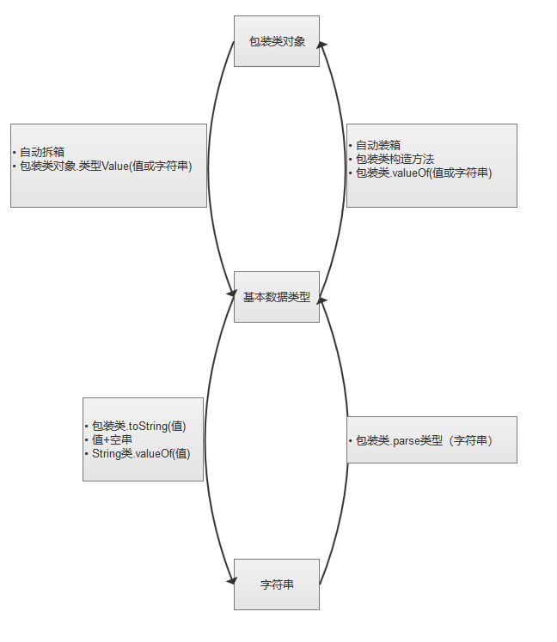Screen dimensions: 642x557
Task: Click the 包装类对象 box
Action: tap(276, 40)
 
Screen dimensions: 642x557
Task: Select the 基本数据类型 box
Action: tap(276, 297)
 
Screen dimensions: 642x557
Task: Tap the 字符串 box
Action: tap(276, 584)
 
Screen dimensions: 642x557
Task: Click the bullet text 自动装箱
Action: tap(378, 146)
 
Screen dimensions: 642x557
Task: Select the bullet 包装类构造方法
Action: tap(395, 159)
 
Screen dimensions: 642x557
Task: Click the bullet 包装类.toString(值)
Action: tap(138, 426)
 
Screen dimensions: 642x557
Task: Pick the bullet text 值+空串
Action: tap(112, 439)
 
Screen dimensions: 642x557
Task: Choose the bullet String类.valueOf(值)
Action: tap(140, 453)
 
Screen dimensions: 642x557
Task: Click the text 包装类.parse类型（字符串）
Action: tap(424, 440)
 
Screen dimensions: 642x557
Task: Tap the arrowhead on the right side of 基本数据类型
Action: tap(322, 300)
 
